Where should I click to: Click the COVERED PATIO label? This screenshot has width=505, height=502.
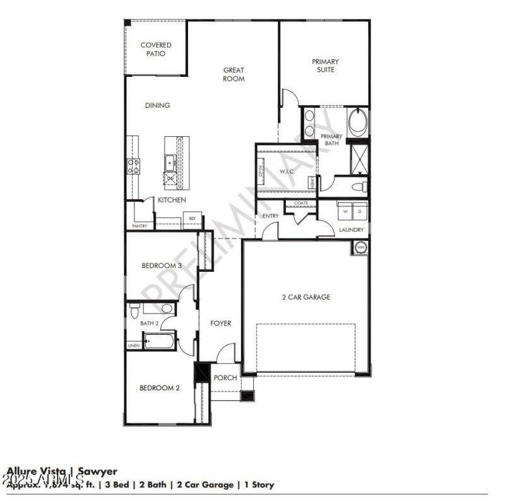tap(156, 49)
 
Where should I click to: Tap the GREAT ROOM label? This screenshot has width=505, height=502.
tap(234, 74)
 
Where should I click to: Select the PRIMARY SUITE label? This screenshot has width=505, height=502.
tap(325, 66)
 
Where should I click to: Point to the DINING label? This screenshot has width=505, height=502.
tap(157, 105)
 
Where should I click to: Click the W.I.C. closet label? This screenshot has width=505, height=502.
tap(287, 172)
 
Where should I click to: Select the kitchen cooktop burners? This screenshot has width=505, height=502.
tap(134, 166)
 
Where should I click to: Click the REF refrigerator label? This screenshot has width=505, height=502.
tap(192, 219)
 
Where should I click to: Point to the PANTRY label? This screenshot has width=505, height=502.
tap(140, 225)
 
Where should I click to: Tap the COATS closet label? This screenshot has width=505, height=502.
tap(301, 203)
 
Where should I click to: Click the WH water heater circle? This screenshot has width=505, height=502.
tap(361, 247)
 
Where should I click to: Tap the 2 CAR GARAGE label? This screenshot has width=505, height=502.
tap(306, 297)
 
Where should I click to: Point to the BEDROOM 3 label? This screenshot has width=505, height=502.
tap(161, 266)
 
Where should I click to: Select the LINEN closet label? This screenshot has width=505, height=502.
tap(134, 346)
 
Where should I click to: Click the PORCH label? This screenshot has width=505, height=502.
tap(225, 378)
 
